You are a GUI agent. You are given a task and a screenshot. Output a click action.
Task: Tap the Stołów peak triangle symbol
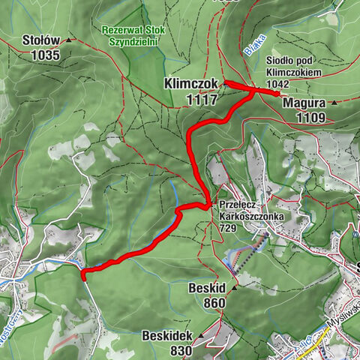(69, 40)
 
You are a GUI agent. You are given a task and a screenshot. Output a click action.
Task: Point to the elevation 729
(229, 227)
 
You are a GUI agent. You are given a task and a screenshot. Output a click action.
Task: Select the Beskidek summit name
(167, 337)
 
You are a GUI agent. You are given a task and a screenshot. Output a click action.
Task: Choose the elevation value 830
(181, 350)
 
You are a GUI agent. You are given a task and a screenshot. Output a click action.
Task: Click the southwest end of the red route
(82, 274)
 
